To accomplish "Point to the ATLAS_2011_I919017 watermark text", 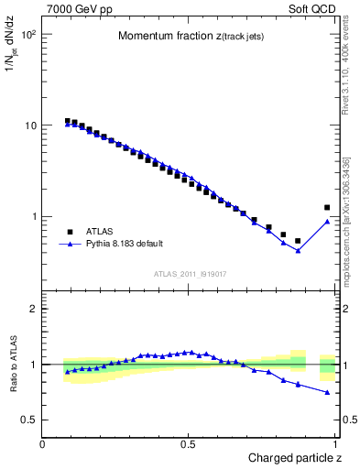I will click(190, 274).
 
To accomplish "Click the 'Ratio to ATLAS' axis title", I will click(14, 365).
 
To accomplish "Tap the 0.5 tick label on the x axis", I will click(190, 443).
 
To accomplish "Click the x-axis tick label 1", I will click(336, 443).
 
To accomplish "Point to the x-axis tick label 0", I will click(43, 443).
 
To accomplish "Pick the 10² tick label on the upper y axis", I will click(27, 34).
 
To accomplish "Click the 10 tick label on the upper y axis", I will click(29, 125).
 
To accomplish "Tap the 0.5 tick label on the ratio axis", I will click(29, 420).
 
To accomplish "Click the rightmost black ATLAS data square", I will click(327, 208).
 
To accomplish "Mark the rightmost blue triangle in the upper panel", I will click(327, 221).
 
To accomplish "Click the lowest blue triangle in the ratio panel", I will click(327, 392).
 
